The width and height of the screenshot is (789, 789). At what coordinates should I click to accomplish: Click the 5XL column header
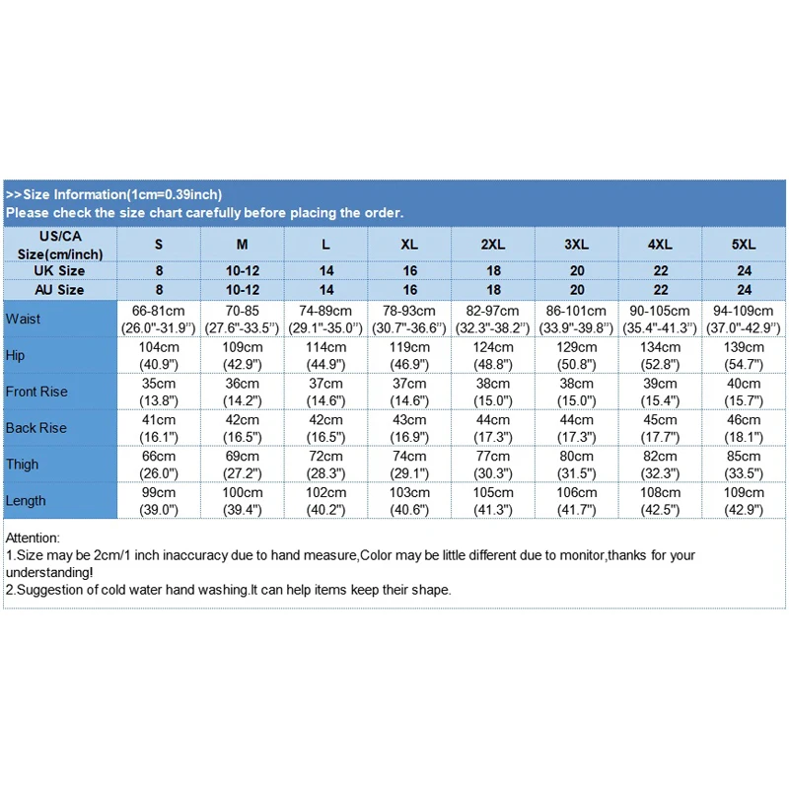(x=745, y=244)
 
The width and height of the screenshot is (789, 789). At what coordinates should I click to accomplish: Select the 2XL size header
(x=493, y=244)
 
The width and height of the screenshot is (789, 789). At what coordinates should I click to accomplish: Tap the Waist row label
(x=23, y=319)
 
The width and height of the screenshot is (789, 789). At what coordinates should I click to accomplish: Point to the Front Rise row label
(x=36, y=392)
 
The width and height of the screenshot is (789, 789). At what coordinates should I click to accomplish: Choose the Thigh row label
(x=22, y=464)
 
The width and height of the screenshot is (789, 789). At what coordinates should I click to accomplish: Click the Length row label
(x=26, y=500)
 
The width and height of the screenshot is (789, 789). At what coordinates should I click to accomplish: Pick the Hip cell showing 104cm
(x=159, y=355)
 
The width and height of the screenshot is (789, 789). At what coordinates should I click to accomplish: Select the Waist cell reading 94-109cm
(x=745, y=319)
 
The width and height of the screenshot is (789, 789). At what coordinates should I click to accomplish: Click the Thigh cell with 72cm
(x=326, y=464)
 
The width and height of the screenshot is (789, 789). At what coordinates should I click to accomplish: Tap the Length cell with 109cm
(x=745, y=500)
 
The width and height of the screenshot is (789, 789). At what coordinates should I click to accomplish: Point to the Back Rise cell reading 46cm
(x=745, y=427)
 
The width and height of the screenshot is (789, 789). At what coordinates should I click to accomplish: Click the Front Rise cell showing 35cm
(x=159, y=392)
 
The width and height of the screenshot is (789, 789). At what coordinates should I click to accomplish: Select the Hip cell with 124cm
(x=493, y=355)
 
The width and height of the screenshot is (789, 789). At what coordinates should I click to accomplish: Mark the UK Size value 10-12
(x=243, y=270)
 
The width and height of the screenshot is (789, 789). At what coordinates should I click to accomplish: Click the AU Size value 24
(x=745, y=290)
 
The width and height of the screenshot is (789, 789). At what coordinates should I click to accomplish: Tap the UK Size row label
(x=60, y=270)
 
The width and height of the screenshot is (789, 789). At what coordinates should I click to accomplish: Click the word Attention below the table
(x=33, y=538)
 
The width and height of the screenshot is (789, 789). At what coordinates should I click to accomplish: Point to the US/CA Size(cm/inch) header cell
(x=60, y=245)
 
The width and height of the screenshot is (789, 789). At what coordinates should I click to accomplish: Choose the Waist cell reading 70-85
(x=243, y=319)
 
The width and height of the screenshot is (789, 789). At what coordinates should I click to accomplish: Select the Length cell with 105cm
(x=493, y=500)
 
